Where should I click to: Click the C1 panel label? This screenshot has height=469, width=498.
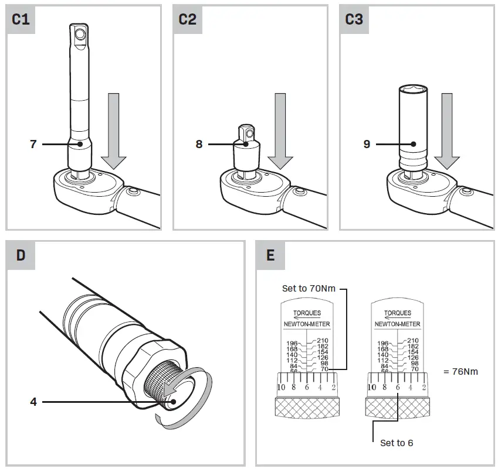point(21,19)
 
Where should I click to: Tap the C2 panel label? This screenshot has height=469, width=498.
point(188,19)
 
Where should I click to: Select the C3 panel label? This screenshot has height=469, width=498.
point(354,19)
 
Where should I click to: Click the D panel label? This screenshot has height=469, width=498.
point(21,255)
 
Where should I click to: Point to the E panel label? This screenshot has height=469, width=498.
point(270,255)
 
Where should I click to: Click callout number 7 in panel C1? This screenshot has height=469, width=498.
point(33,143)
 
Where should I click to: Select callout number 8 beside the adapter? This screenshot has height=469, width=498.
point(199,143)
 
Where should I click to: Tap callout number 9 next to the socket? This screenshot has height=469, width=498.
point(367,143)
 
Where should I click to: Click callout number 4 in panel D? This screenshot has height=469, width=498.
point(33,402)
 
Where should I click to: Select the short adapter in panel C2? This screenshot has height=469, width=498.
point(248,149)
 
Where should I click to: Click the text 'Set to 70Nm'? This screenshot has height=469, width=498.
point(309,289)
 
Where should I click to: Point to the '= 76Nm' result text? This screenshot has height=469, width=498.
point(461,371)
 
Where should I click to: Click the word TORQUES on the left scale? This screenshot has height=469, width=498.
point(306,313)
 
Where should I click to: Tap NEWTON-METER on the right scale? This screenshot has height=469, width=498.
point(397,323)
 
